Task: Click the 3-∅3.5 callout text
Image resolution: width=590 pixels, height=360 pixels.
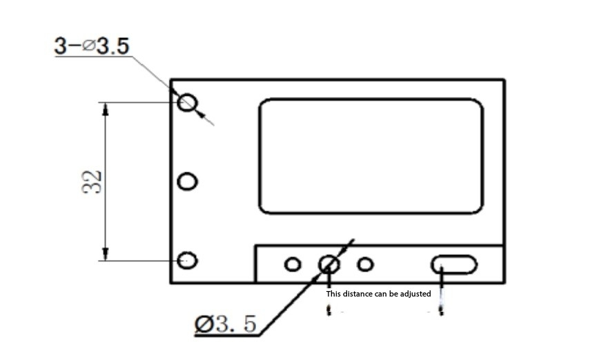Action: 92,46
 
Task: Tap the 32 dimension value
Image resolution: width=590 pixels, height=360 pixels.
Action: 92,182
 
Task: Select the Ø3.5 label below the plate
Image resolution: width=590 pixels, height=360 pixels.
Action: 226,324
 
